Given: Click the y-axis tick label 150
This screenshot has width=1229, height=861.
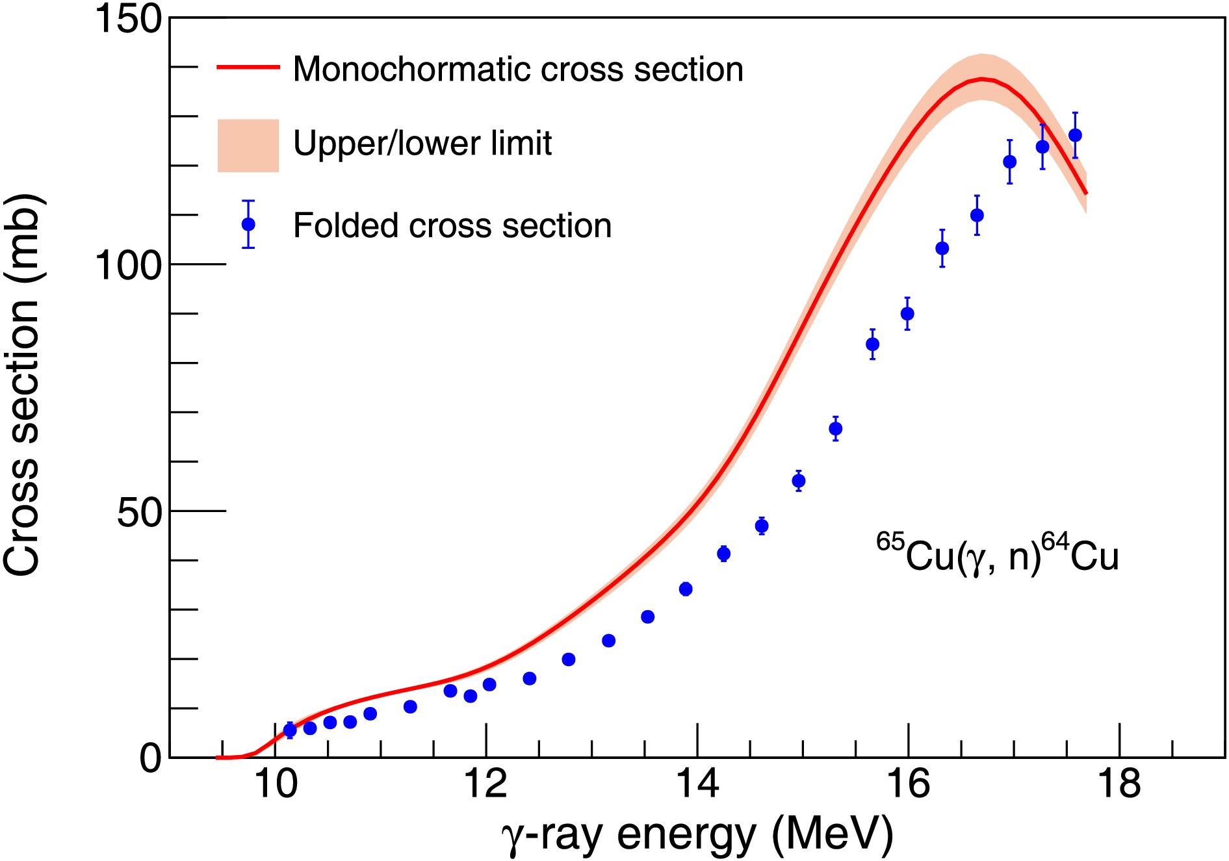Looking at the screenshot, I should (127, 19).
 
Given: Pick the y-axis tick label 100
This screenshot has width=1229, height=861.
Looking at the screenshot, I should (127, 265).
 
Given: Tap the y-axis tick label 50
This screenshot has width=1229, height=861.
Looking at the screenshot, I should (138, 512).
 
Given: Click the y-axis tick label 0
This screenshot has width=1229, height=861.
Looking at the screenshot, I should (150, 758).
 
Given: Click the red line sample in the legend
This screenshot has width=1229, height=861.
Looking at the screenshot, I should (248, 67).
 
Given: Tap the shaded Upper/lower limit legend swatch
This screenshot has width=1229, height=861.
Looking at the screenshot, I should (248, 146).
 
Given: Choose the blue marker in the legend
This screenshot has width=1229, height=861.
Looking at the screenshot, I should (248, 224).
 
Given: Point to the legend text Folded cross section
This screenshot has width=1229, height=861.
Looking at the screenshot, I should (452, 226).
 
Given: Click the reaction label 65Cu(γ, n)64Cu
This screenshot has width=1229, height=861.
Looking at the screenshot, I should (997, 554).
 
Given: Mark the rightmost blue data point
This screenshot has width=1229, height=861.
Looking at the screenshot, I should (1075, 135).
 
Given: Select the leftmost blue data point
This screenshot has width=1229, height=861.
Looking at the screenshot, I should (290, 730).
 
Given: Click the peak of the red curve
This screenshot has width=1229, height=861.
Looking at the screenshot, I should (982, 79).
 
